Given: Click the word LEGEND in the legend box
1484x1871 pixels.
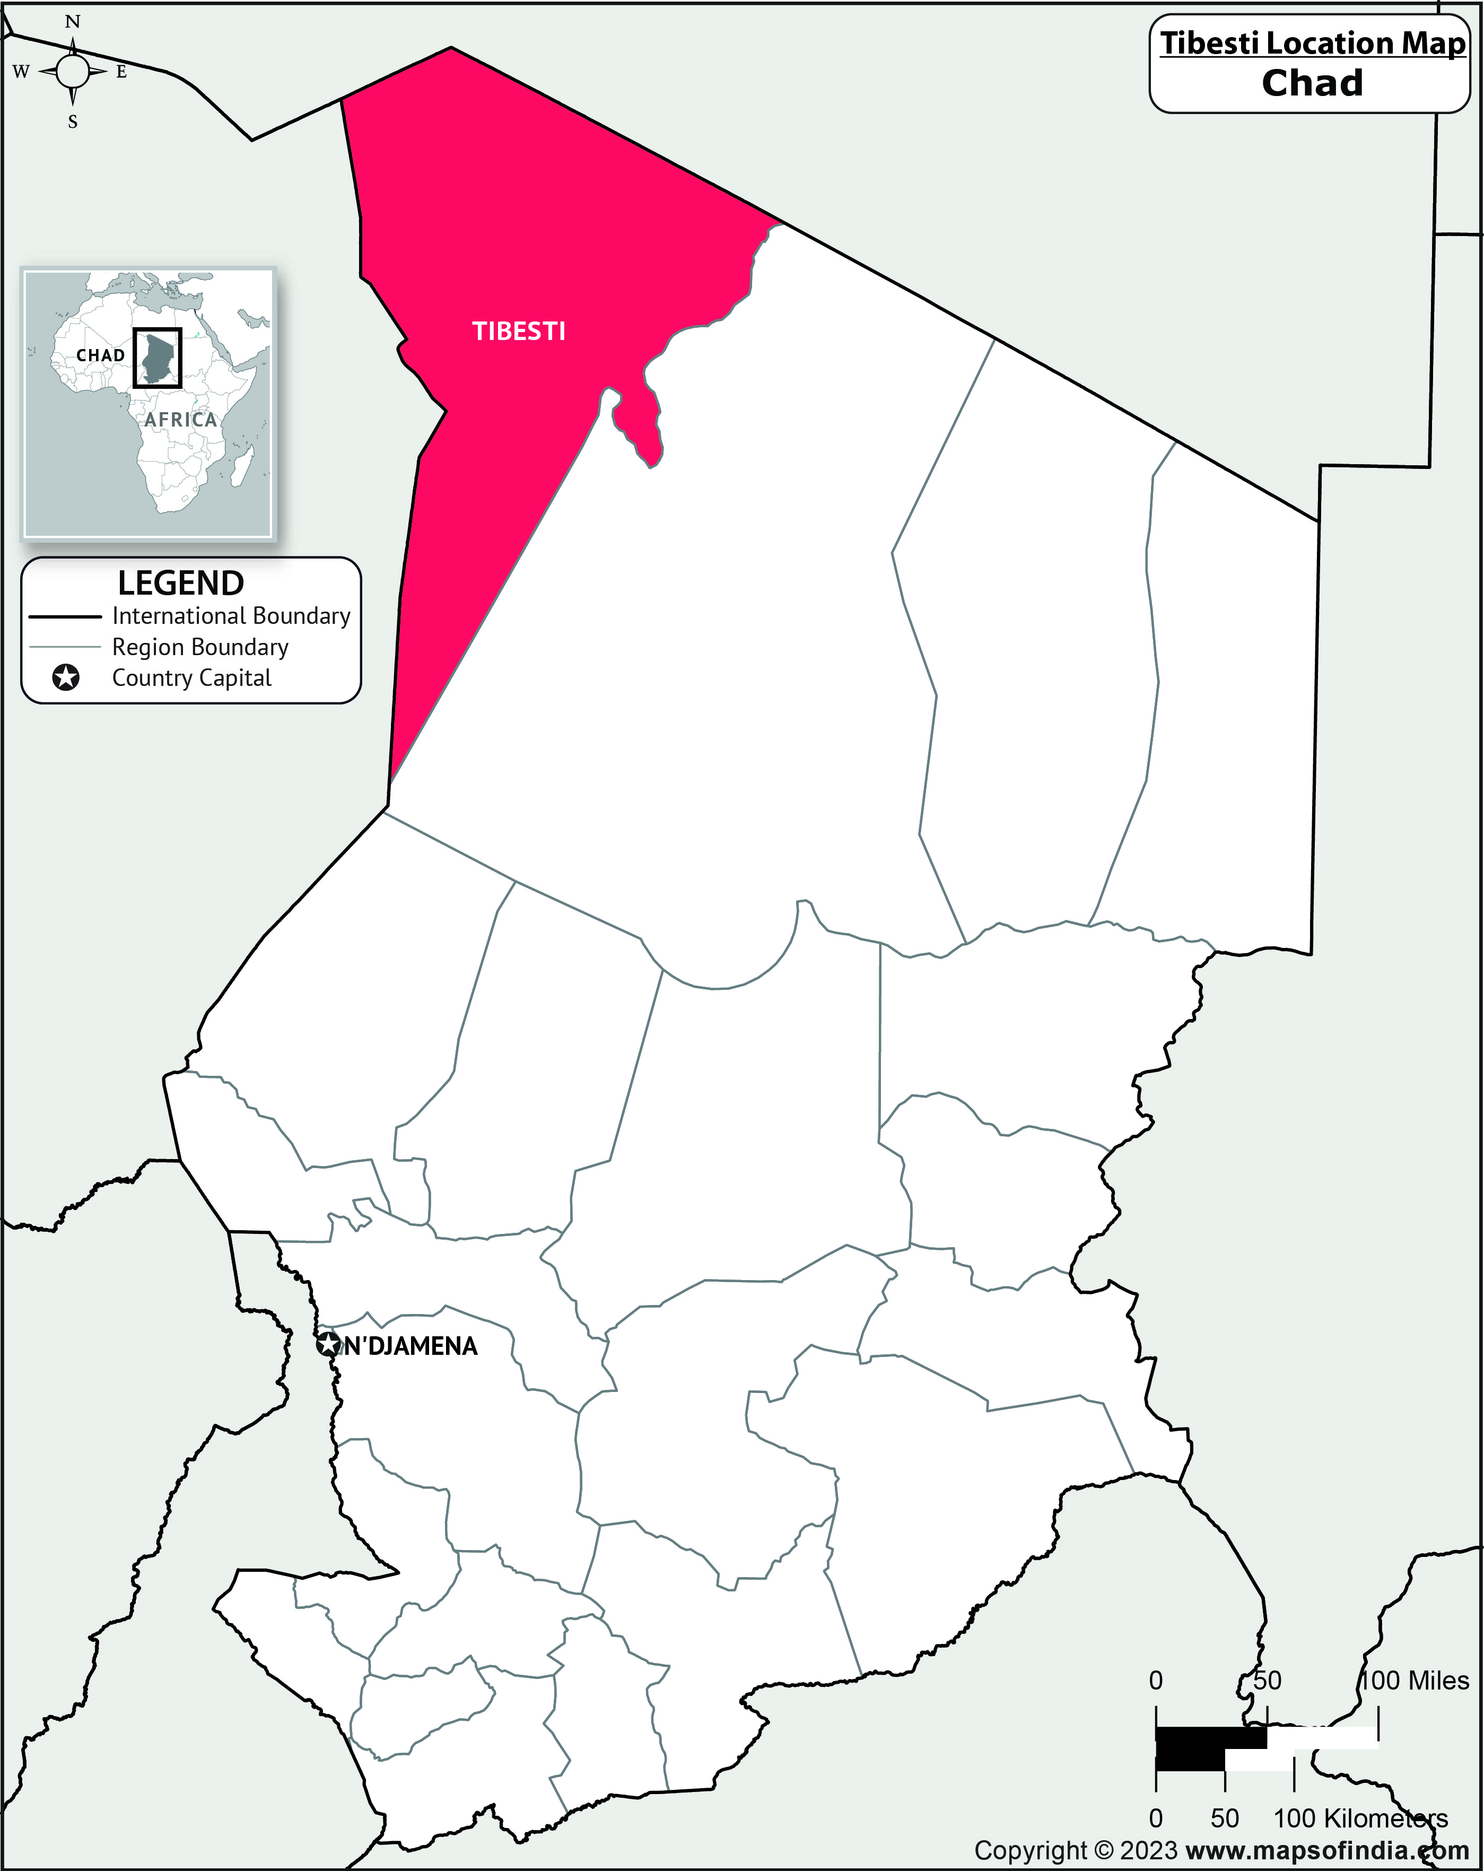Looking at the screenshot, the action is click(180, 582).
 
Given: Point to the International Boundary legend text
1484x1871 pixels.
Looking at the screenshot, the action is click(231, 615).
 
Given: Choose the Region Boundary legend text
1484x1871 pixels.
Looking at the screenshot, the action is click(199, 647).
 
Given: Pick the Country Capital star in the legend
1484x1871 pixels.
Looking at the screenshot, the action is click(66, 678).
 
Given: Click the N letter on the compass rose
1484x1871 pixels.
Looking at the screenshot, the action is click(73, 22).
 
